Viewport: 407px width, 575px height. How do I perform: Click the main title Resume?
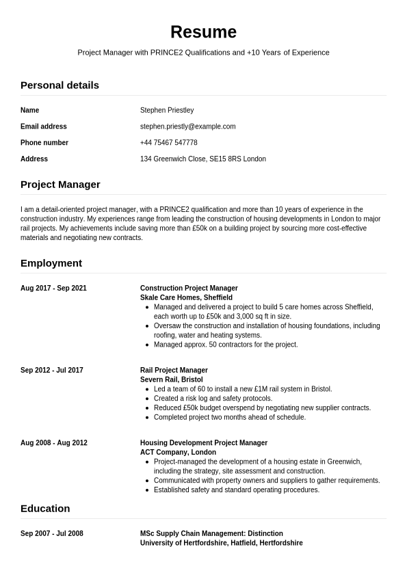point(203,32)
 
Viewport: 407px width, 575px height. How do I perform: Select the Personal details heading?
point(60,85)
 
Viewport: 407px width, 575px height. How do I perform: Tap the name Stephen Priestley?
point(167,110)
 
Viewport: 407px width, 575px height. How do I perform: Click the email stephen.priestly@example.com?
point(187,126)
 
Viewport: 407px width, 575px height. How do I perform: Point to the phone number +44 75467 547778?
point(168,143)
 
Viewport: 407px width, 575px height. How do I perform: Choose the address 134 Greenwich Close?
point(202,159)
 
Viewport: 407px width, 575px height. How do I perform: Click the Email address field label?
point(44,126)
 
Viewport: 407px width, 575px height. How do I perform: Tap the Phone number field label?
point(44,143)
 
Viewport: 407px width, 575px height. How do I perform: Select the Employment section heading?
point(51,263)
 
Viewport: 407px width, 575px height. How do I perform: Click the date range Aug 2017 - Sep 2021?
point(53,289)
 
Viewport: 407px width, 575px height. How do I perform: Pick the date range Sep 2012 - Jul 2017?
point(52,371)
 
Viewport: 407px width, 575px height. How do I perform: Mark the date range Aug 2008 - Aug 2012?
point(54,443)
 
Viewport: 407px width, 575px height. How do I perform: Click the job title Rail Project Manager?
point(174,371)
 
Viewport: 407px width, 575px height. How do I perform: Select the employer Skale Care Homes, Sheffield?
point(186,298)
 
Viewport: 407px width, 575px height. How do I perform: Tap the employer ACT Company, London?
point(178,453)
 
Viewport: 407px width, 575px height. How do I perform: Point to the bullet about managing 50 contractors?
point(226,345)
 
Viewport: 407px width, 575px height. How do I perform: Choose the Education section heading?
point(45,509)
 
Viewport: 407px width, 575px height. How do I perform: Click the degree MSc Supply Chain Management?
point(211,534)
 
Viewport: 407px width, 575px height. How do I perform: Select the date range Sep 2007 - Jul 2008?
point(52,534)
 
